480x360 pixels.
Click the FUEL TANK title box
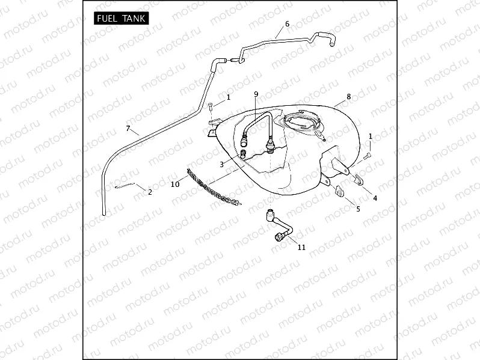coord(120,19)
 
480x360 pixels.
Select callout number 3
coord(221,164)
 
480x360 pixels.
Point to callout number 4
coord(375,197)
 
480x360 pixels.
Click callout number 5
coord(358,209)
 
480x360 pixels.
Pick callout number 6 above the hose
coord(287,23)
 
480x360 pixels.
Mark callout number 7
coord(128,128)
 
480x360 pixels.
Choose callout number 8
coord(348,96)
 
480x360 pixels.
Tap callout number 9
coord(256,94)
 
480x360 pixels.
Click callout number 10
coord(175,185)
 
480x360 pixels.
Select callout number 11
coord(301,247)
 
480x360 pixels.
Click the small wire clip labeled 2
coord(128,186)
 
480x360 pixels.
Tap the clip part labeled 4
coord(360,180)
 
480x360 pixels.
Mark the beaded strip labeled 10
coord(214,187)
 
